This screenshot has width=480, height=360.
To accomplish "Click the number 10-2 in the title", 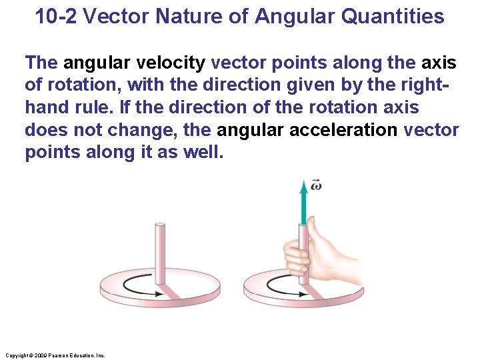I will (x=57, y=16).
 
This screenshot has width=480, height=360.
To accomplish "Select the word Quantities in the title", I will (x=393, y=16).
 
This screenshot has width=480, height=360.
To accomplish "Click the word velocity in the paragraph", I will (x=173, y=63).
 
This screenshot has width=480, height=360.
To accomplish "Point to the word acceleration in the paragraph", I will (x=343, y=129).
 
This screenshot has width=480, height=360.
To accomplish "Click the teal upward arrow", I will (x=304, y=203).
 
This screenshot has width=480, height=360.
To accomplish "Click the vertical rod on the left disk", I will (x=160, y=253).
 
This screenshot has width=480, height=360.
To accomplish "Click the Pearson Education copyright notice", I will (x=54, y=355).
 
